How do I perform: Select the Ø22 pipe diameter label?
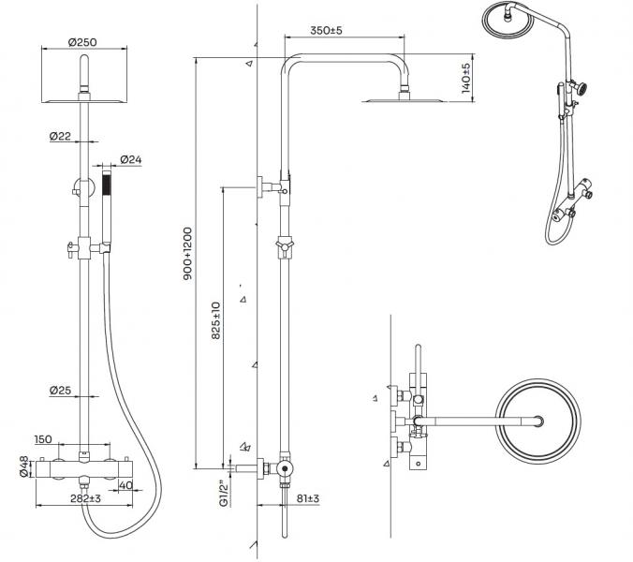click(x=62, y=137)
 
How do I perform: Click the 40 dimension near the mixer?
click(x=126, y=485)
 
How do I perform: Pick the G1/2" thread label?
click(x=221, y=494)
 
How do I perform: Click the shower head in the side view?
click(x=390, y=97)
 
